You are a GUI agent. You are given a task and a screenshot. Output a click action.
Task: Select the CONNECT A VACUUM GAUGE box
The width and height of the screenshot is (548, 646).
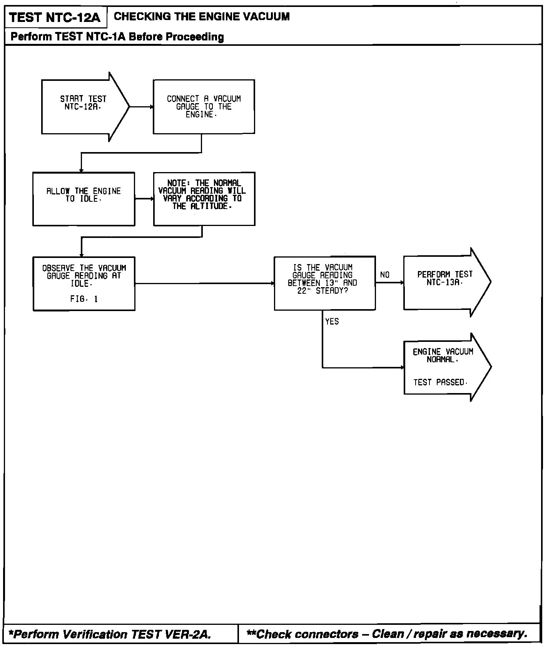click(x=204, y=107)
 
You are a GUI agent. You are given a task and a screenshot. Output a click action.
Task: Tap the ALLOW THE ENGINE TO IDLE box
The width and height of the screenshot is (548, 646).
click(x=84, y=199)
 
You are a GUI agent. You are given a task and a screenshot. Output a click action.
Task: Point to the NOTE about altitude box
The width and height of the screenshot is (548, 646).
click(x=204, y=199)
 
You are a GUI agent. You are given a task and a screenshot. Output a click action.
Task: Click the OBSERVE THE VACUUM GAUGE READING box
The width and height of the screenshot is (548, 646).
click(x=84, y=283)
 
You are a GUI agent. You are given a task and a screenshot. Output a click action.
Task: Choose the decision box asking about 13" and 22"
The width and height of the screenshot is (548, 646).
click(x=324, y=283)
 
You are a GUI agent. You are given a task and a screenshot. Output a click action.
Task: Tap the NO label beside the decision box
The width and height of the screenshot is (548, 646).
click(x=384, y=275)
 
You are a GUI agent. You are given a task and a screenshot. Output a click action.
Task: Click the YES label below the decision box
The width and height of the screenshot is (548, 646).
click(x=332, y=321)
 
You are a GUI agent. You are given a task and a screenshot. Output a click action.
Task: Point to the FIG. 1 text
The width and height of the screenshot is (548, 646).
click(x=84, y=299)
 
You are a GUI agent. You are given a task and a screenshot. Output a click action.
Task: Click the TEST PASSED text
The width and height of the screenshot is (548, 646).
click(x=439, y=382)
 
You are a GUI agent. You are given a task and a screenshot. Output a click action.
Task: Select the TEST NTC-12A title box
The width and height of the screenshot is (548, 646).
click(x=55, y=18)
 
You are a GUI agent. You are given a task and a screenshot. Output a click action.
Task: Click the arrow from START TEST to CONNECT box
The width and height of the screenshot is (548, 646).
click(x=141, y=107)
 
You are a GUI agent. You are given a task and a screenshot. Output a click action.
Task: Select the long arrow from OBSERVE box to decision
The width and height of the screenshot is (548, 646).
click(x=204, y=283)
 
